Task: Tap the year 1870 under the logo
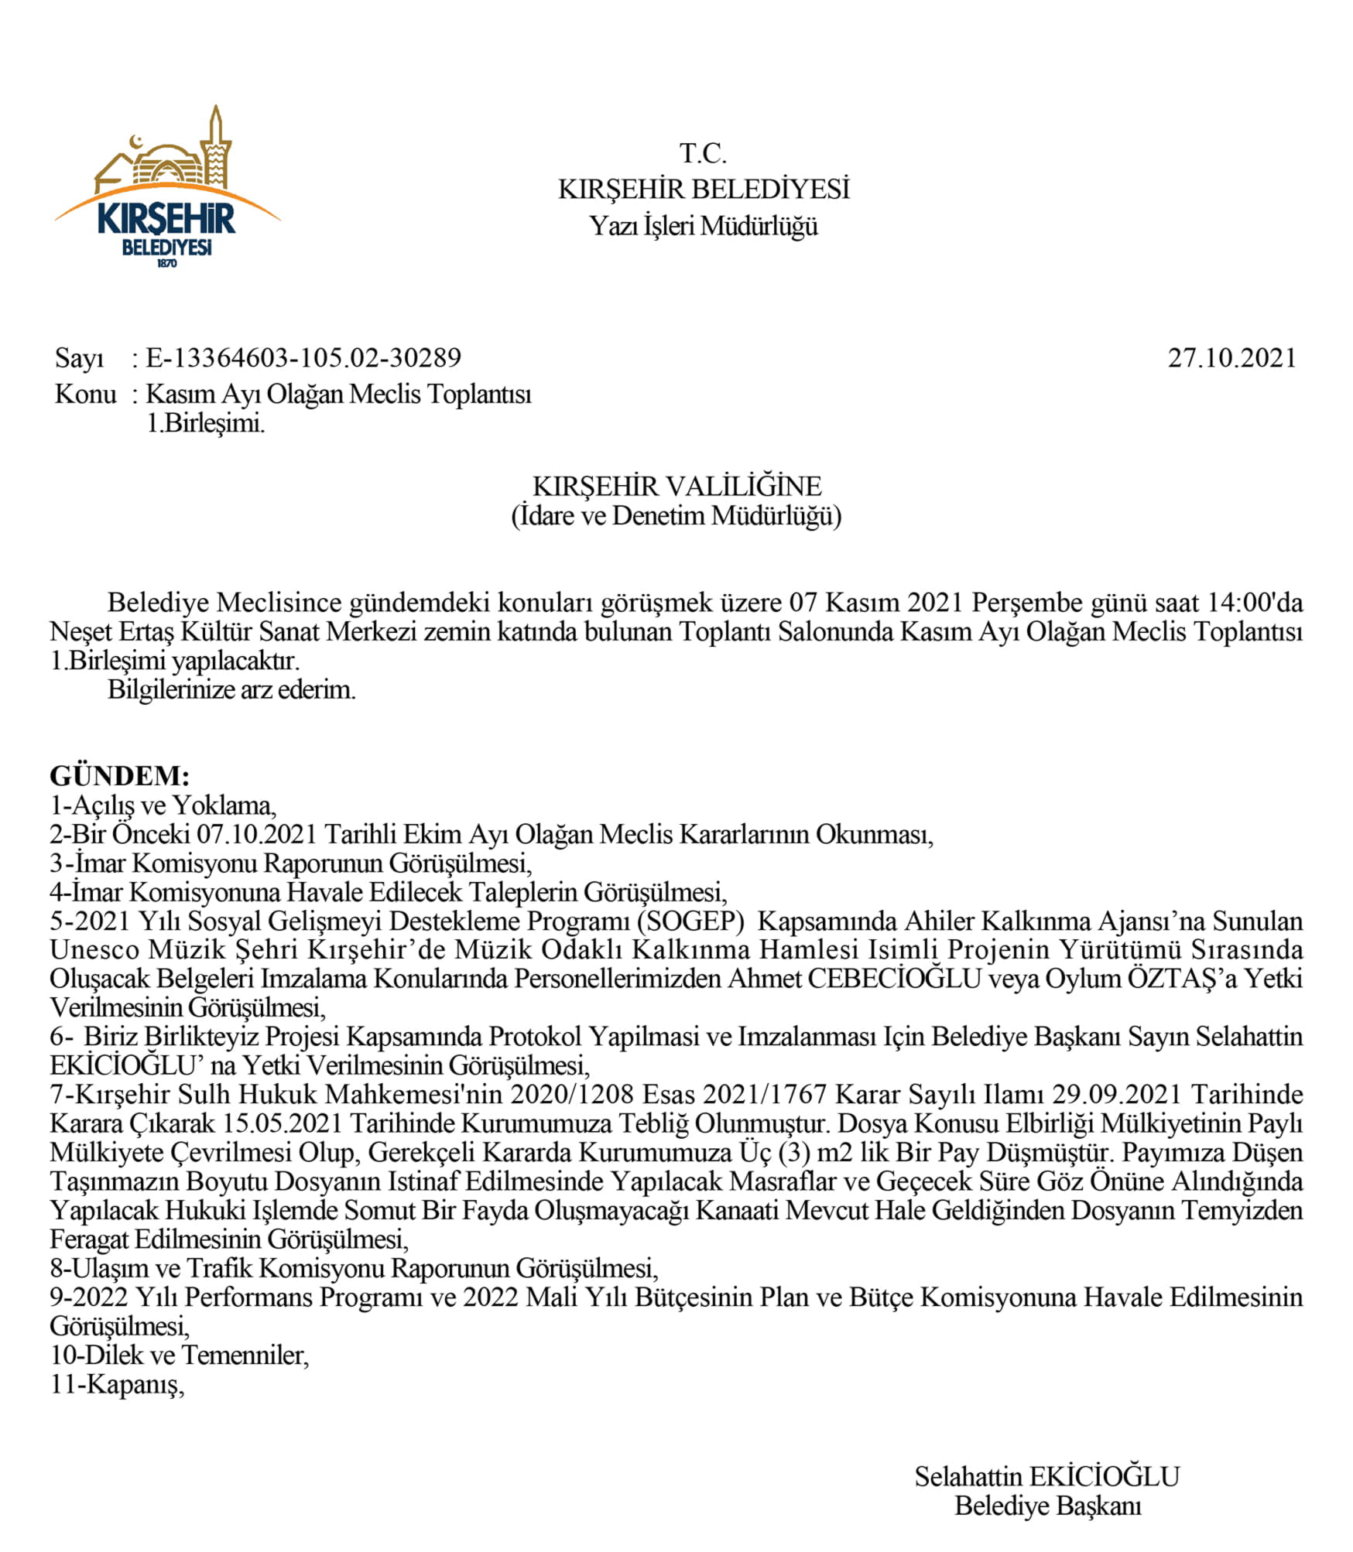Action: tap(166, 264)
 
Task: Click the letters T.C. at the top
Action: tap(703, 154)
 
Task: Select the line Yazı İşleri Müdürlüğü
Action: tap(703, 226)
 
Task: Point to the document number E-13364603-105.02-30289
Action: tap(303, 358)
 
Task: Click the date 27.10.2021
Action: tap(1231, 358)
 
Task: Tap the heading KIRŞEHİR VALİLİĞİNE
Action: tap(676, 487)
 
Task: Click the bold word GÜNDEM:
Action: tap(119, 776)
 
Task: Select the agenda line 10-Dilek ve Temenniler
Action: tap(179, 1355)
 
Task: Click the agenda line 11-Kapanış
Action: tap(117, 1384)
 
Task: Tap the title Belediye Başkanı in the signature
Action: tap(1047, 1506)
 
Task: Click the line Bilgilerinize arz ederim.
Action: tap(231, 689)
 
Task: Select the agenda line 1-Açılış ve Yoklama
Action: tap(163, 805)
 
